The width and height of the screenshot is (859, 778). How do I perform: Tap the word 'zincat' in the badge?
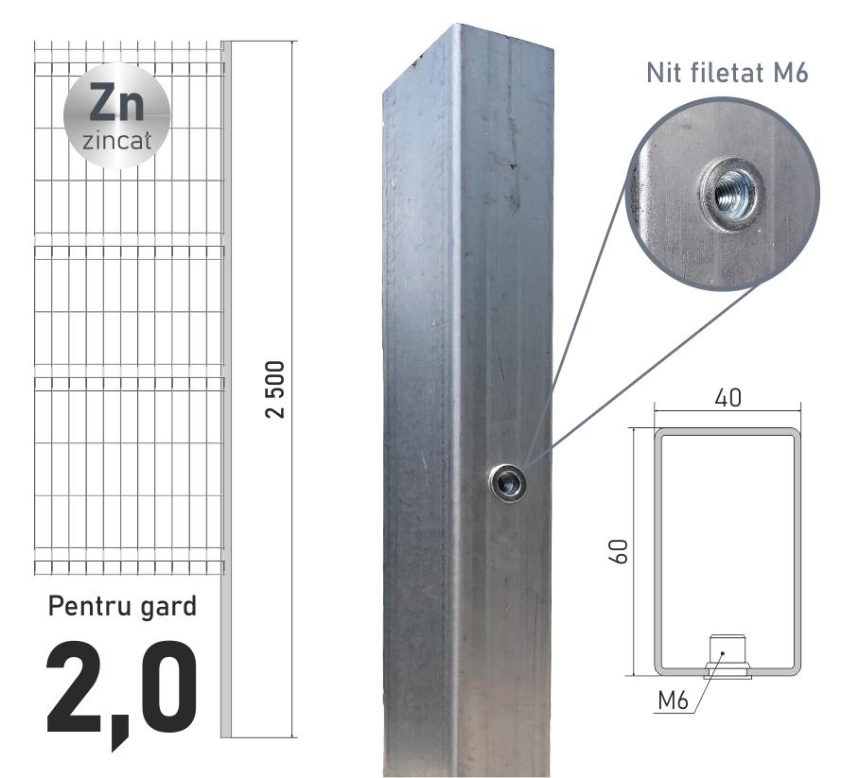pyautogui.click(x=116, y=141)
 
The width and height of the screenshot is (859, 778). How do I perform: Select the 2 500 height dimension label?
pyautogui.click(x=275, y=389)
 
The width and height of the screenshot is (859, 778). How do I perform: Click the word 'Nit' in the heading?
pyautogui.click(x=663, y=73)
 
